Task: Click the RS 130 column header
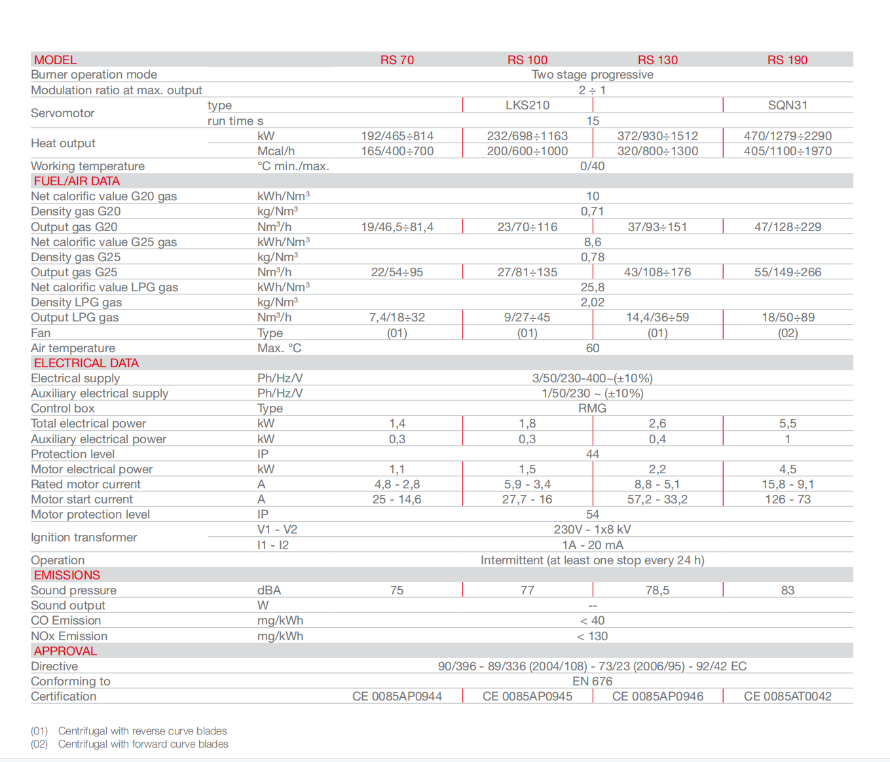coord(658,60)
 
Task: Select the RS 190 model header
coord(787,60)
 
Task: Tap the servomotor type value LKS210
coord(527,105)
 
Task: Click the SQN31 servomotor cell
coord(787,105)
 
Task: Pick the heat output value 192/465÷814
coord(397,136)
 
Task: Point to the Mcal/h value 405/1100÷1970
coord(787,151)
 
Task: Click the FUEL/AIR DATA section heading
coord(77,181)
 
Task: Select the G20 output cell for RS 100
coord(527,227)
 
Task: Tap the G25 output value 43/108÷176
coord(657,272)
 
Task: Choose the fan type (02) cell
coord(787,333)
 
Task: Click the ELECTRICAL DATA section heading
coord(86,363)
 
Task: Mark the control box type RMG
coord(592,408)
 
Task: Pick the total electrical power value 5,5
coord(787,424)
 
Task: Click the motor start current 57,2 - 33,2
coord(657,499)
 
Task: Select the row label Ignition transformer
coord(84,537)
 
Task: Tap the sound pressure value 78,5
coord(657,590)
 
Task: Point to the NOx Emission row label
coord(69,636)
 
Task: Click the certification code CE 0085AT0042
coord(787,696)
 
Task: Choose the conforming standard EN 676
coord(592,681)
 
